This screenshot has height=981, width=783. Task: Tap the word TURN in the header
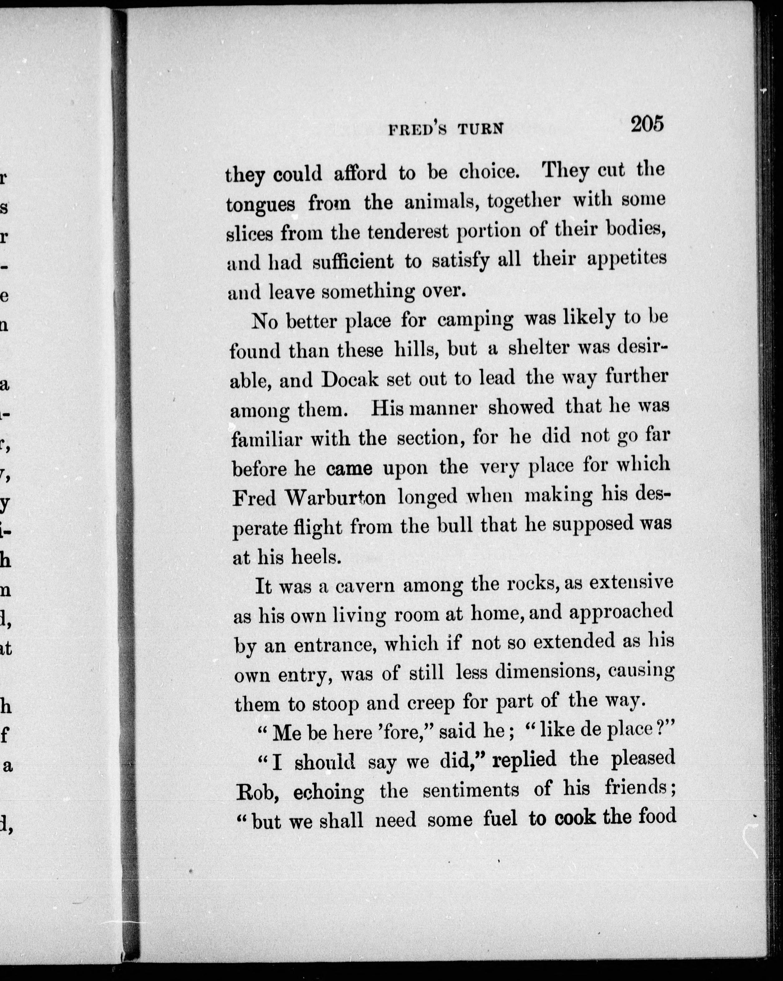tap(481, 130)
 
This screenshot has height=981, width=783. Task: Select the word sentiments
tap(471, 790)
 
